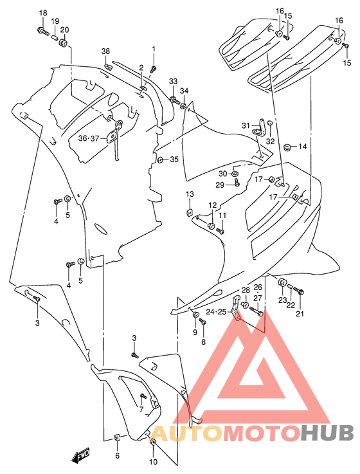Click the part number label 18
pyautogui.click(x=43, y=14)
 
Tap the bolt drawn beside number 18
pyautogui.click(x=42, y=30)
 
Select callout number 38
pyautogui.click(x=105, y=51)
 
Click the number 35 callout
pyautogui.click(x=174, y=160)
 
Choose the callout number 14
pyautogui.click(x=302, y=147)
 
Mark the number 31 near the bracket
pyautogui.click(x=246, y=125)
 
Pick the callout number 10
pyautogui.click(x=153, y=462)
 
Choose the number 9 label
pyautogui.click(x=195, y=332)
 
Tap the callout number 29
pyautogui.click(x=219, y=185)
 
